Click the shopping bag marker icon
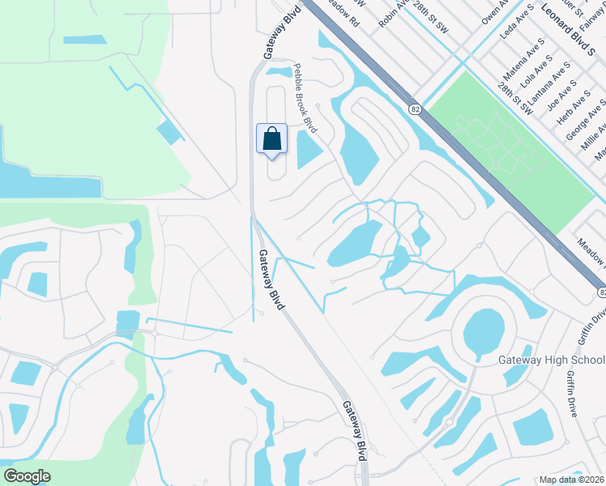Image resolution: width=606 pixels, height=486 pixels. click(x=271, y=138)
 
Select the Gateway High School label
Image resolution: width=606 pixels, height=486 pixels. click(x=550, y=360)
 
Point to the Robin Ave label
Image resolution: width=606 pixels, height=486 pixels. click(x=393, y=14)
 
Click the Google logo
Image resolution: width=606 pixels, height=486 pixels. click(x=27, y=475)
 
